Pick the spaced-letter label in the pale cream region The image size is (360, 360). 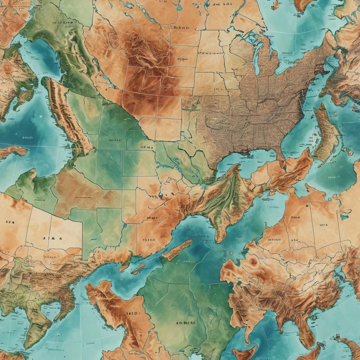(x=52, y=238)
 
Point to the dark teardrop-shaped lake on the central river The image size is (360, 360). (x=161, y=194)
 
